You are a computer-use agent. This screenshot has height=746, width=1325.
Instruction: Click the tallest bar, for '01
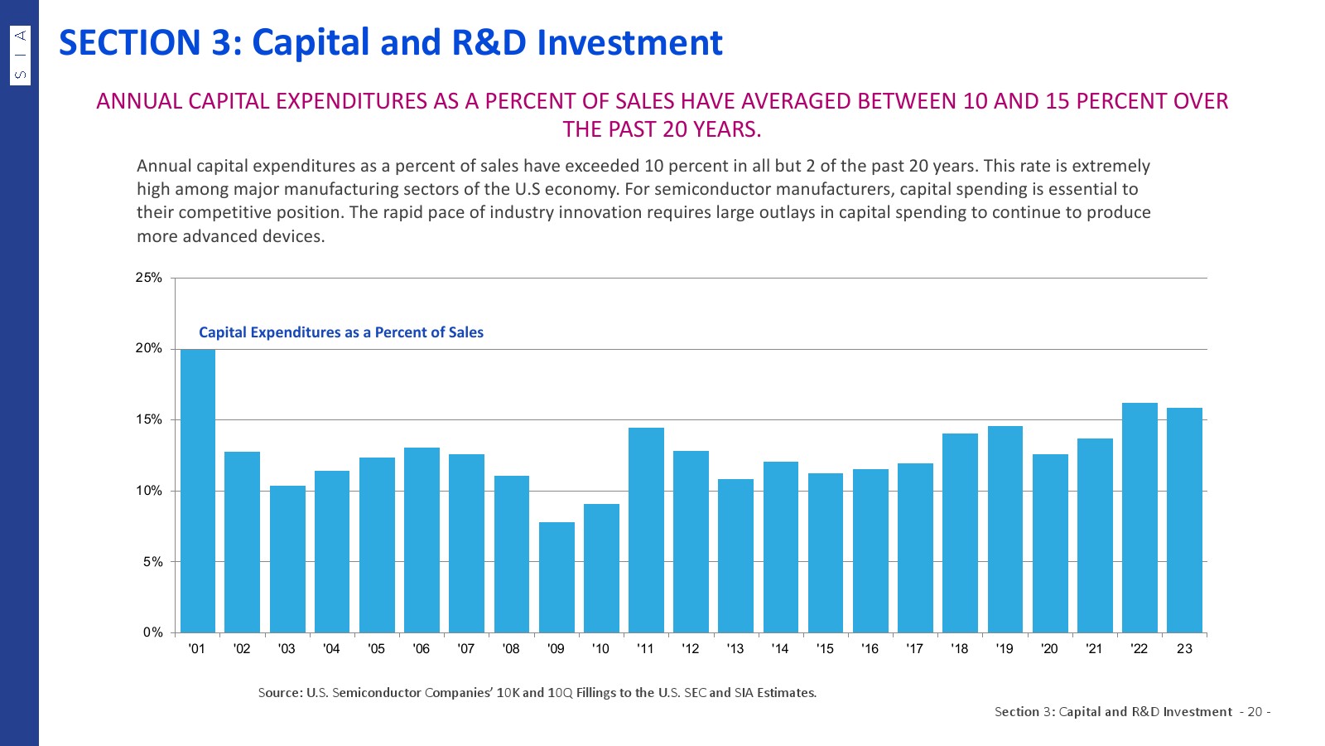pos(198,491)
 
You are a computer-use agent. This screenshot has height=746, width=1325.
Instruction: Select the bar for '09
pos(556,577)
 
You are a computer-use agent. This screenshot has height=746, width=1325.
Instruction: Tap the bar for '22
pos(1139,518)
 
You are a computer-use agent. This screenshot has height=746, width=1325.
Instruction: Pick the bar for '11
pos(646,530)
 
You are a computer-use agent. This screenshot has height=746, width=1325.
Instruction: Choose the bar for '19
pos(1005,530)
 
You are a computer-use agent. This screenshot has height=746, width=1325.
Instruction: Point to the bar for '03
pos(287,559)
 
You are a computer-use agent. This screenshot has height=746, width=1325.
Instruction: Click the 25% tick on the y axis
pos(149,278)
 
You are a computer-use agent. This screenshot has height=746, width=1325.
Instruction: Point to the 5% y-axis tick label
pos(152,562)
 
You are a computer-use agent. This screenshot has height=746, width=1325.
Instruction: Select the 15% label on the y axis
pos(149,420)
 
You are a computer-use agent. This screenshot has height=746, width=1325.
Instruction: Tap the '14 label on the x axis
pos(780,649)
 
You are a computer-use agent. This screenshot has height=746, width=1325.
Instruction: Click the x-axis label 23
pos(1184,649)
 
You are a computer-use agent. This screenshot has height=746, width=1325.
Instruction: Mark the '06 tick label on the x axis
pos(422,649)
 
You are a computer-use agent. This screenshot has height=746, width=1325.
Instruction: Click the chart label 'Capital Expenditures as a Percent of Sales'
pos(341,332)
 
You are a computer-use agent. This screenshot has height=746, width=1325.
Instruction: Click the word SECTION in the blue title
pos(129,43)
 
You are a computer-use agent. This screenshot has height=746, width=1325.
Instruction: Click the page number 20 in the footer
pos(1255,712)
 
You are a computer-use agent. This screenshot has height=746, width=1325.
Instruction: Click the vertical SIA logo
pos(21,55)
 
